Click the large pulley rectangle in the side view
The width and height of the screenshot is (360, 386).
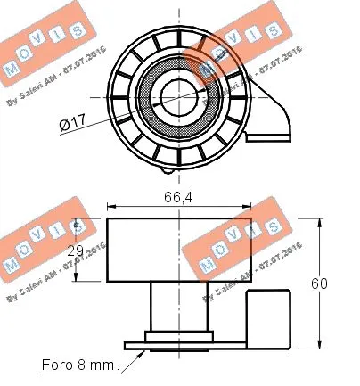pos(178,250)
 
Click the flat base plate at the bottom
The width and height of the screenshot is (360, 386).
pos(178,343)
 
